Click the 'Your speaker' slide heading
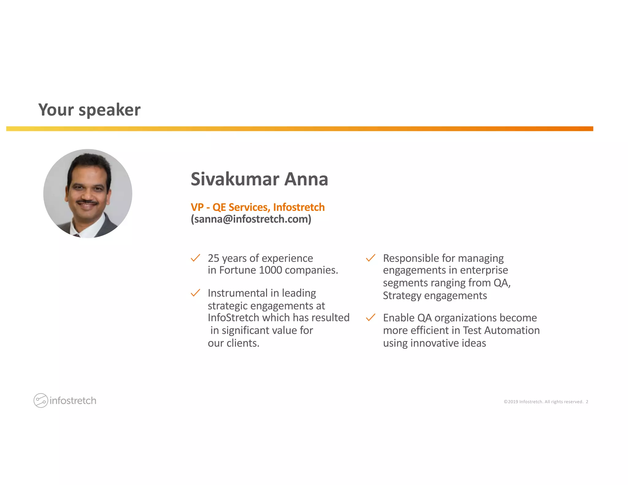(89, 110)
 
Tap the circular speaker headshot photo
(88, 193)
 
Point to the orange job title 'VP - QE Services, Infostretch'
(258, 207)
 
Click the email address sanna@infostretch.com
(251, 219)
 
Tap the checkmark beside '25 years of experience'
(195, 258)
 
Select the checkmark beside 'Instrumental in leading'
(195, 293)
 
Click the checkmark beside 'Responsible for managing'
(370, 258)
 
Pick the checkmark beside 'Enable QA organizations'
(370, 318)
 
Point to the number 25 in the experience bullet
(213, 258)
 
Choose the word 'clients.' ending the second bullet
(243, 343)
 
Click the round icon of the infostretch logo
(41, 400)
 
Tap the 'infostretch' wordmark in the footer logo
(73, 401)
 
